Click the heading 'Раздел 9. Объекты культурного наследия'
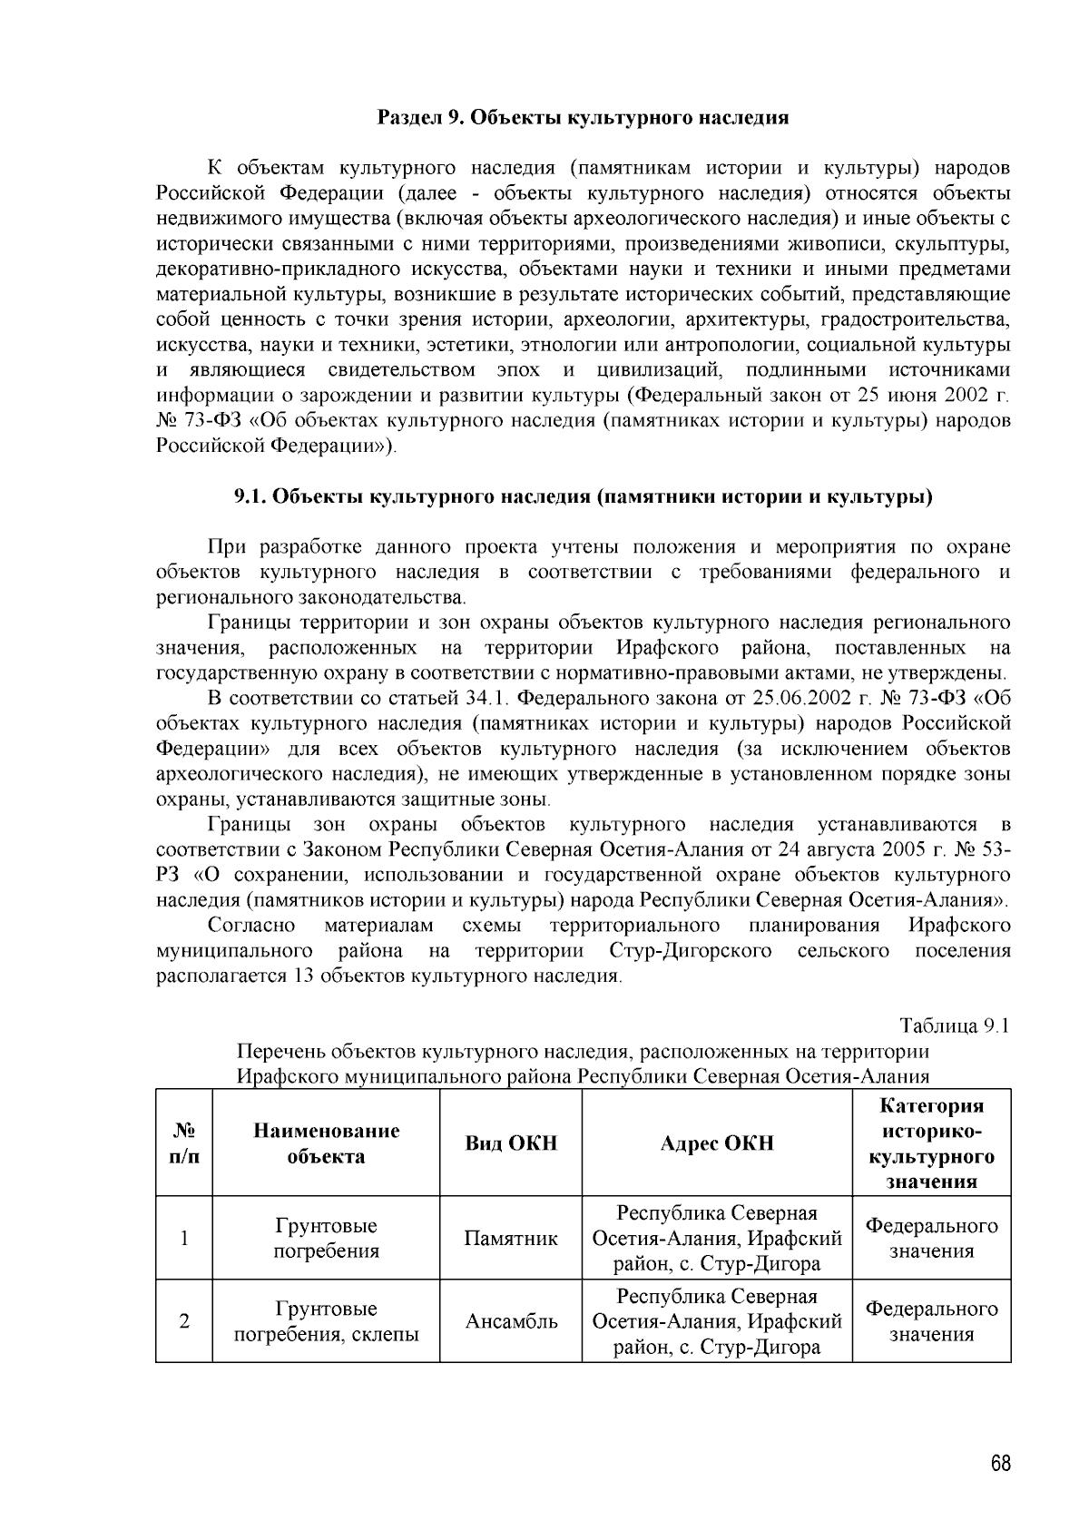tap(582, 118)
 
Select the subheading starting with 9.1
tap(584, 496)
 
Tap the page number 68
tap(1000, 1464)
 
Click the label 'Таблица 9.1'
tap(954, 1026)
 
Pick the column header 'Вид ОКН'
tap(511, 1143)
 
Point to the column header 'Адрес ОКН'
tap(717, 1143)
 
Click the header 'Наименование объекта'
tap(326, 1143)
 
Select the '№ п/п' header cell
tap(184, 1143)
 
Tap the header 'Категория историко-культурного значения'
tap(931, 1143)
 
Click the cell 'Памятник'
tap(511, 1239)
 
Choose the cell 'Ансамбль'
tap(511, 1322)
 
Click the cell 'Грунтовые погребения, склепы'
tap(326, 1322)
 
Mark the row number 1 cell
tap(184, 1239)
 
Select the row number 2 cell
tap(184, 1322)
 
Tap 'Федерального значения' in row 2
tap(931, 1322)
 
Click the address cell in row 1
tap(717, 1239)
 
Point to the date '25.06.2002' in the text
tap(790, 699)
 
